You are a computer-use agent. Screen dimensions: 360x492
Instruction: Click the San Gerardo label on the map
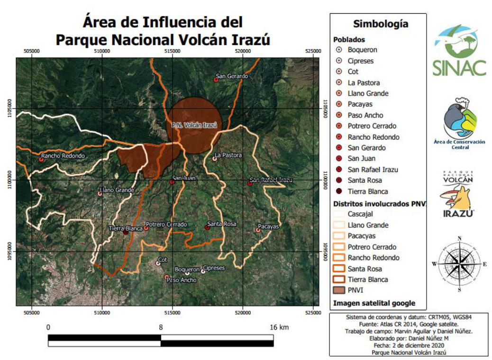[x=232, y=76]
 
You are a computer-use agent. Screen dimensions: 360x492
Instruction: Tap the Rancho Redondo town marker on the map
[x=41, y=159]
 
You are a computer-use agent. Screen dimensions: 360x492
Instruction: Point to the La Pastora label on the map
[x=228, y=155]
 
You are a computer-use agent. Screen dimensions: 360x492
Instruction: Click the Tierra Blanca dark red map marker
[x=126, y=232]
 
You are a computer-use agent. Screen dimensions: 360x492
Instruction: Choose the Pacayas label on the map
[x=268, y=226]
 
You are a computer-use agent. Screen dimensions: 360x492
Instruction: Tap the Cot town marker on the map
[x=158, y=263]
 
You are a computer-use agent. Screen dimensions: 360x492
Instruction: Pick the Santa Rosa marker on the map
[x=207, y=227]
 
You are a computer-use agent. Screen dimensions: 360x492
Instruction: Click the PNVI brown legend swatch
[x=339, y=290]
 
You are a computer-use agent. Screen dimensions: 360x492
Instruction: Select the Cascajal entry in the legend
[x=361, y=214]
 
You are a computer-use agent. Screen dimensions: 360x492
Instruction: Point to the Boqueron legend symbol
[x=339, y=50]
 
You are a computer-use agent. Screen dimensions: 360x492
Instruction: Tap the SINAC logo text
[x=459, y=68]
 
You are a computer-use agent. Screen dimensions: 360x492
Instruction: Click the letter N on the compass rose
[x=459, y=238]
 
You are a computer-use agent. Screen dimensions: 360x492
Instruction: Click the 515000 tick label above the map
[x=172, y=51]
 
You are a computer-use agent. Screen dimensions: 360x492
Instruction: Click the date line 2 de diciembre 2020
[x=378, y=346]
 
